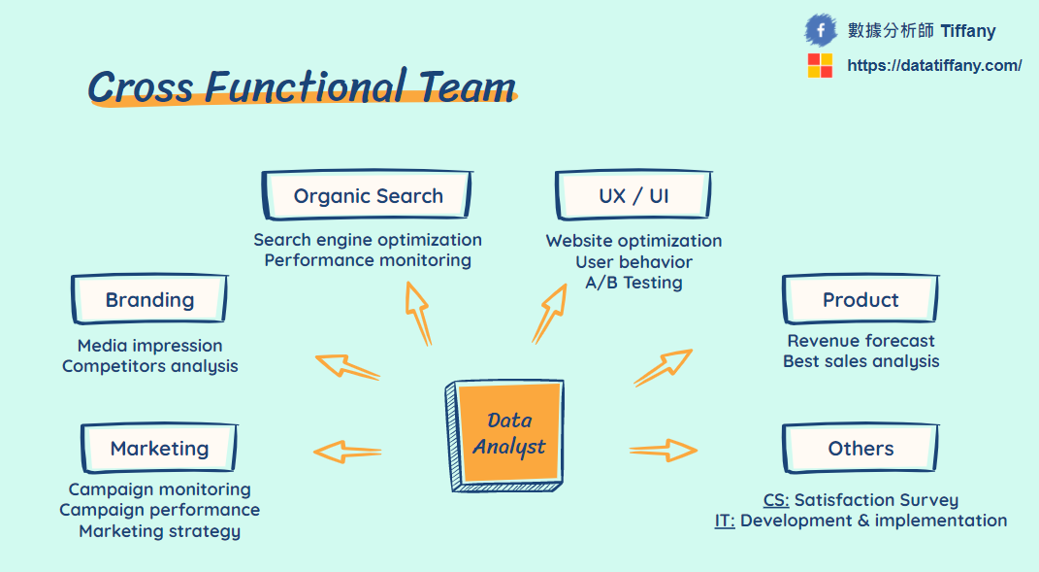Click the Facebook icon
[821, 30]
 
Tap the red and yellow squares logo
[820, 66]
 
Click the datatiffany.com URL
[934, 66]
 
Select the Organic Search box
[368, 196]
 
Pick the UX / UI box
[633, 196]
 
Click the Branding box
[149, 300]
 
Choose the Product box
[860, 300]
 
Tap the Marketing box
[159, 449]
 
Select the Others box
[860, 449]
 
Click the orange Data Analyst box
[507, 433]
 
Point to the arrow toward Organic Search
[418, 313]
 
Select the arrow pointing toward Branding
[346, 366]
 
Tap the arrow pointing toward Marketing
[346, 452]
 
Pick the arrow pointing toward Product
[664, 367]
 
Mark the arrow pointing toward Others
[664, 450]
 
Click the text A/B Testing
[633, 283]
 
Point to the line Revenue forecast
[860, 341]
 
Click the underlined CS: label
[776, 500]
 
